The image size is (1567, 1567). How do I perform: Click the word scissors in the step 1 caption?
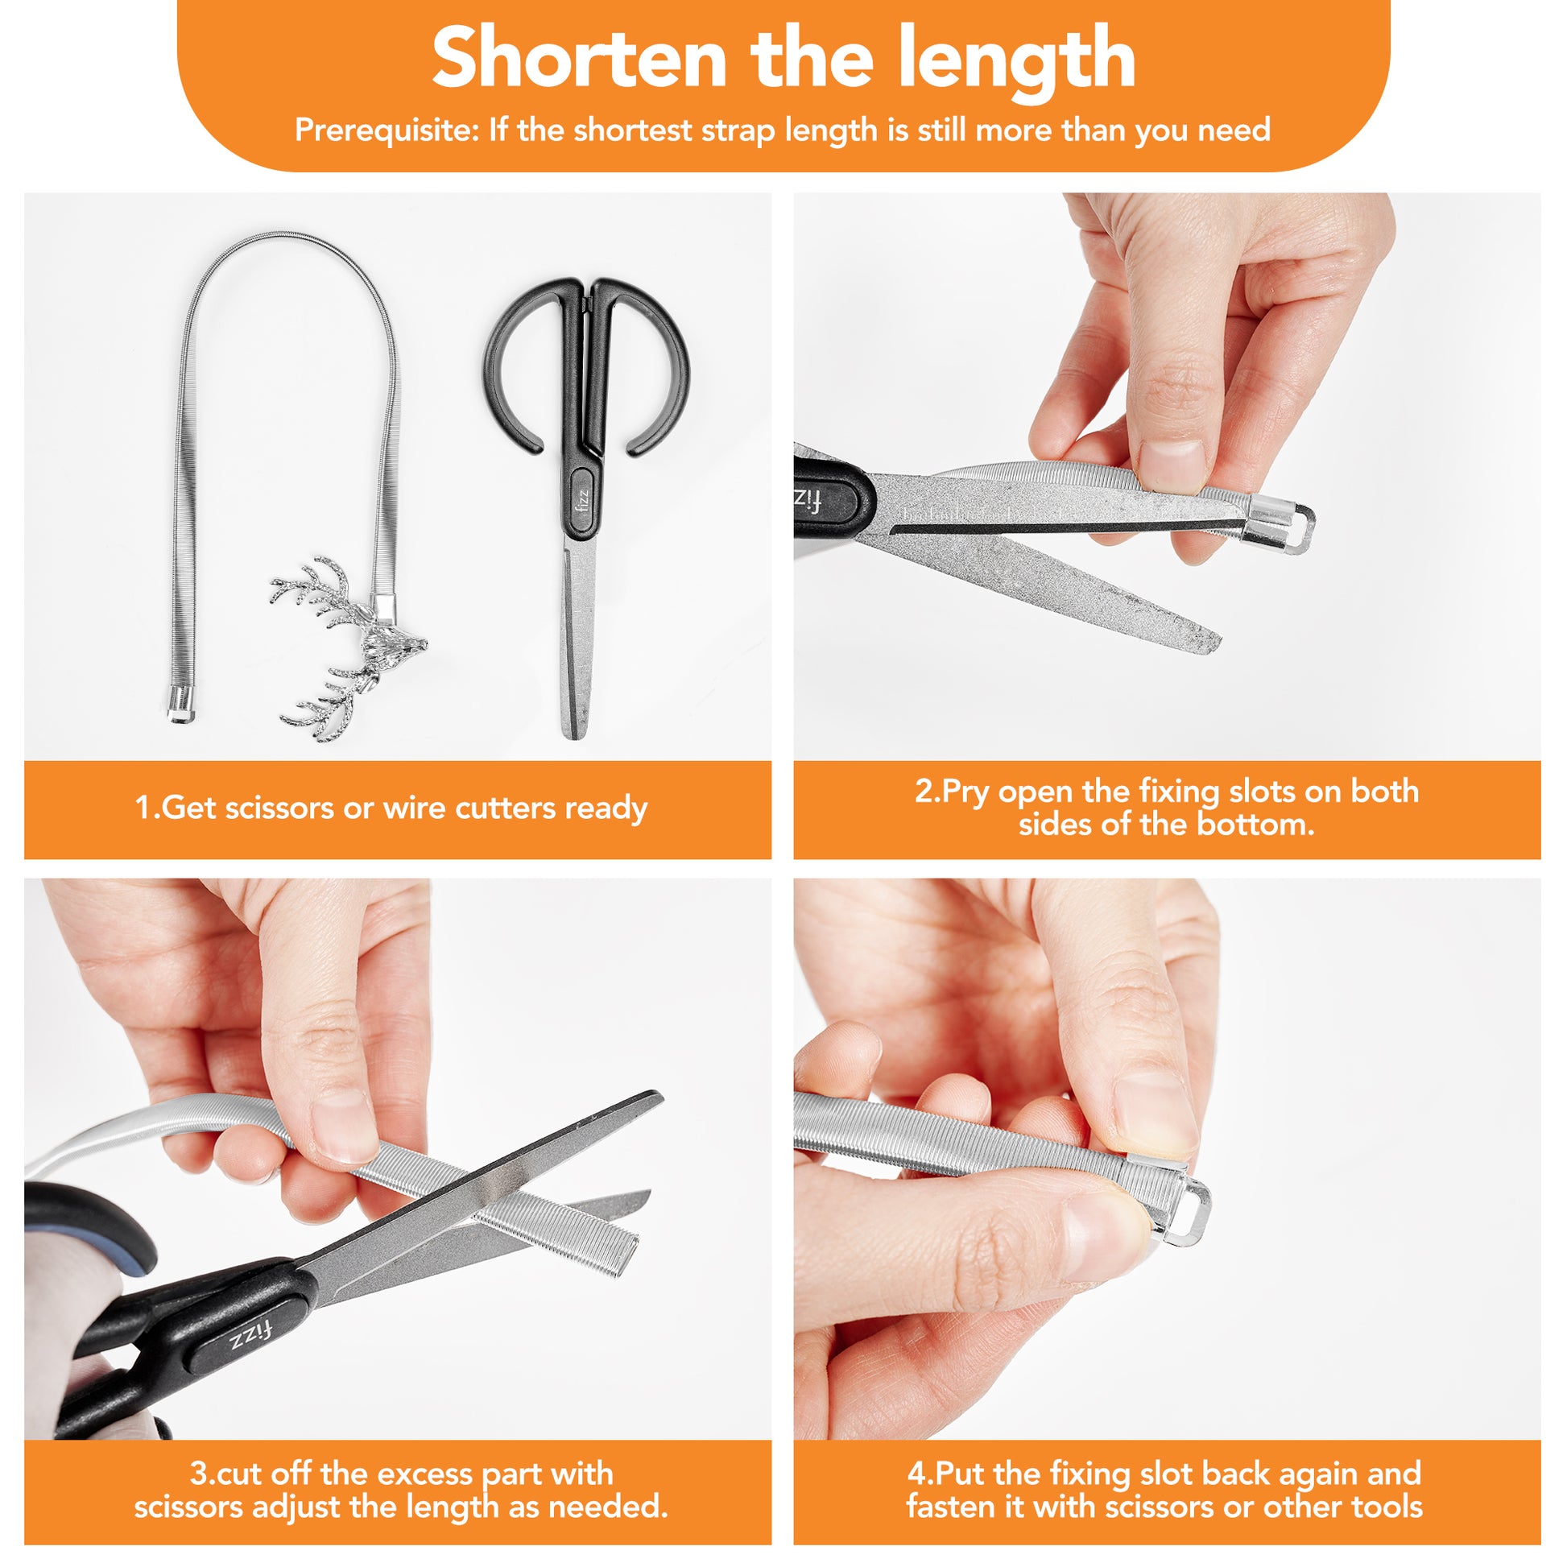click(269, 808)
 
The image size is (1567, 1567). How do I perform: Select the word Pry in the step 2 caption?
click(967, 792)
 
